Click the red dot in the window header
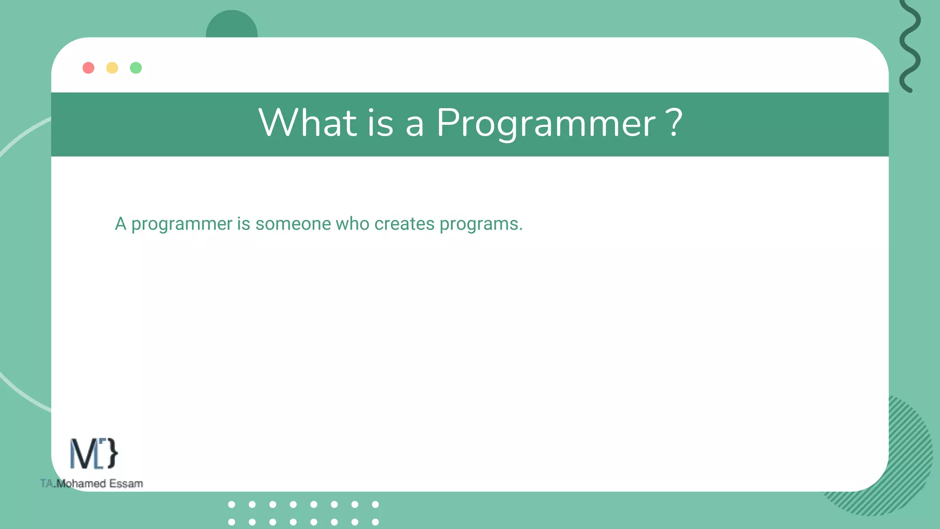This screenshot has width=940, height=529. tap(89, 68)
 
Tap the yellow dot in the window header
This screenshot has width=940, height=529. tap(112, 68)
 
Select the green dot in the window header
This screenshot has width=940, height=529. tap(136, 68)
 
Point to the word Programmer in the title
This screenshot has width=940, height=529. tap(546, 123)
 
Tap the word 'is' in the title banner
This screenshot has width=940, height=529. tap(380, 123)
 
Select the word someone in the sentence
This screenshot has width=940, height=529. tap(293, 224)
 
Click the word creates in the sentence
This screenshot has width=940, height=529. tap(404, 224)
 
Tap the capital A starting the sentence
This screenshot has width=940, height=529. tap(120, 224)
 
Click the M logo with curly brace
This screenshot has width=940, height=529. tap(94, 454)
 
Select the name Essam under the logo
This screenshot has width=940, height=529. tap(126, 484)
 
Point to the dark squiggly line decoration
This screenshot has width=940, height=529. tap(910, 46)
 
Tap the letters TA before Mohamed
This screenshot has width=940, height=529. tap(46, 484)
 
